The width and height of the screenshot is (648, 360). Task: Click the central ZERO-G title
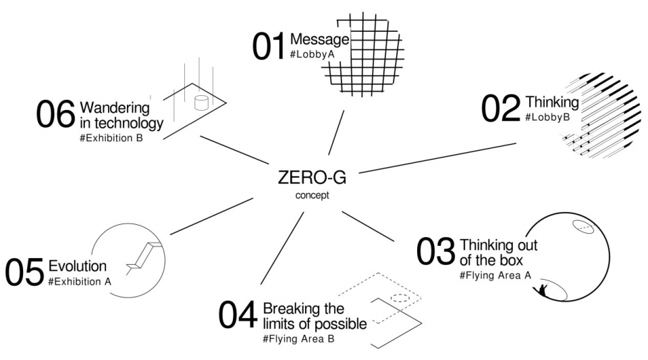pyautogui.click(x=312, y=178)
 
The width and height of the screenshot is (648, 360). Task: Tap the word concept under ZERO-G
pyautogui.click(x=312, y=195)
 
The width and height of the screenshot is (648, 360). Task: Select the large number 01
pyautogui.click(x=269, y=47)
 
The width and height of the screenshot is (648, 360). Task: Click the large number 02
pyautogui.click(x=501, y=108)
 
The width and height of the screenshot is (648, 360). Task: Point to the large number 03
pyautogui.click(x=435, y=252)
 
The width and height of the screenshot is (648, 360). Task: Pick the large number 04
pyautogui.click(x=238, y=315)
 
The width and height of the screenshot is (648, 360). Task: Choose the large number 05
pyautogui.click(x=24, y=272)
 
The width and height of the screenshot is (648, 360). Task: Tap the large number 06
pyautogui.click(x=56, y=114)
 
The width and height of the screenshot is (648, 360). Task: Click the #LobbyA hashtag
pyautogui.click(x=312, y=54)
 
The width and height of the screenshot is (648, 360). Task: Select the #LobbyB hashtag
pyautogui.click(x=547, y=117)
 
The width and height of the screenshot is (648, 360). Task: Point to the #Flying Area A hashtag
pyautogui.click(x=495, y=276)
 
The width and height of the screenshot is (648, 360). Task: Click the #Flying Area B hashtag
pyautogui.click(x=298, y=339)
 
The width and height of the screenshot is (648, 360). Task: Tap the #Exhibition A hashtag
pyautogui.click(x=80, y=282)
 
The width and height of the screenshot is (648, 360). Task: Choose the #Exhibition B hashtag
pyautogui.click(x=111, y=138)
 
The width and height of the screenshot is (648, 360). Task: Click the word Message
pyautogui.click(x=319, y=39)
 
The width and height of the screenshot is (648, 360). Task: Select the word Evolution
pyautogui.click(x=77, y=265)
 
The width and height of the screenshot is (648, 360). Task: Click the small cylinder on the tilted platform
pyautogui.click(x=201, y=103)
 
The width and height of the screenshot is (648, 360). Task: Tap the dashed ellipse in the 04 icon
pyautogui.click(x=400, y=298)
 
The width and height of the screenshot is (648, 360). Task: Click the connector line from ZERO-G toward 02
pyautogui.click(x=437, y=158)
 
